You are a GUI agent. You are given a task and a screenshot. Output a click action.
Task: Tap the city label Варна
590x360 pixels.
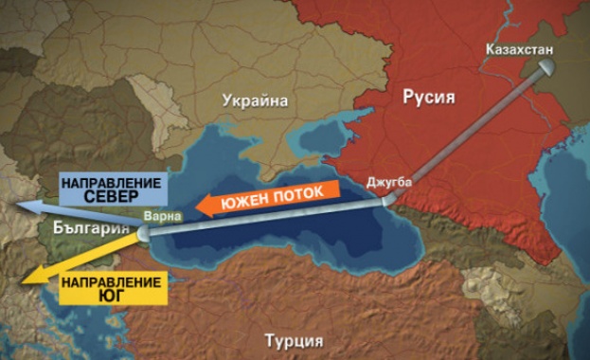click(158, 216)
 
